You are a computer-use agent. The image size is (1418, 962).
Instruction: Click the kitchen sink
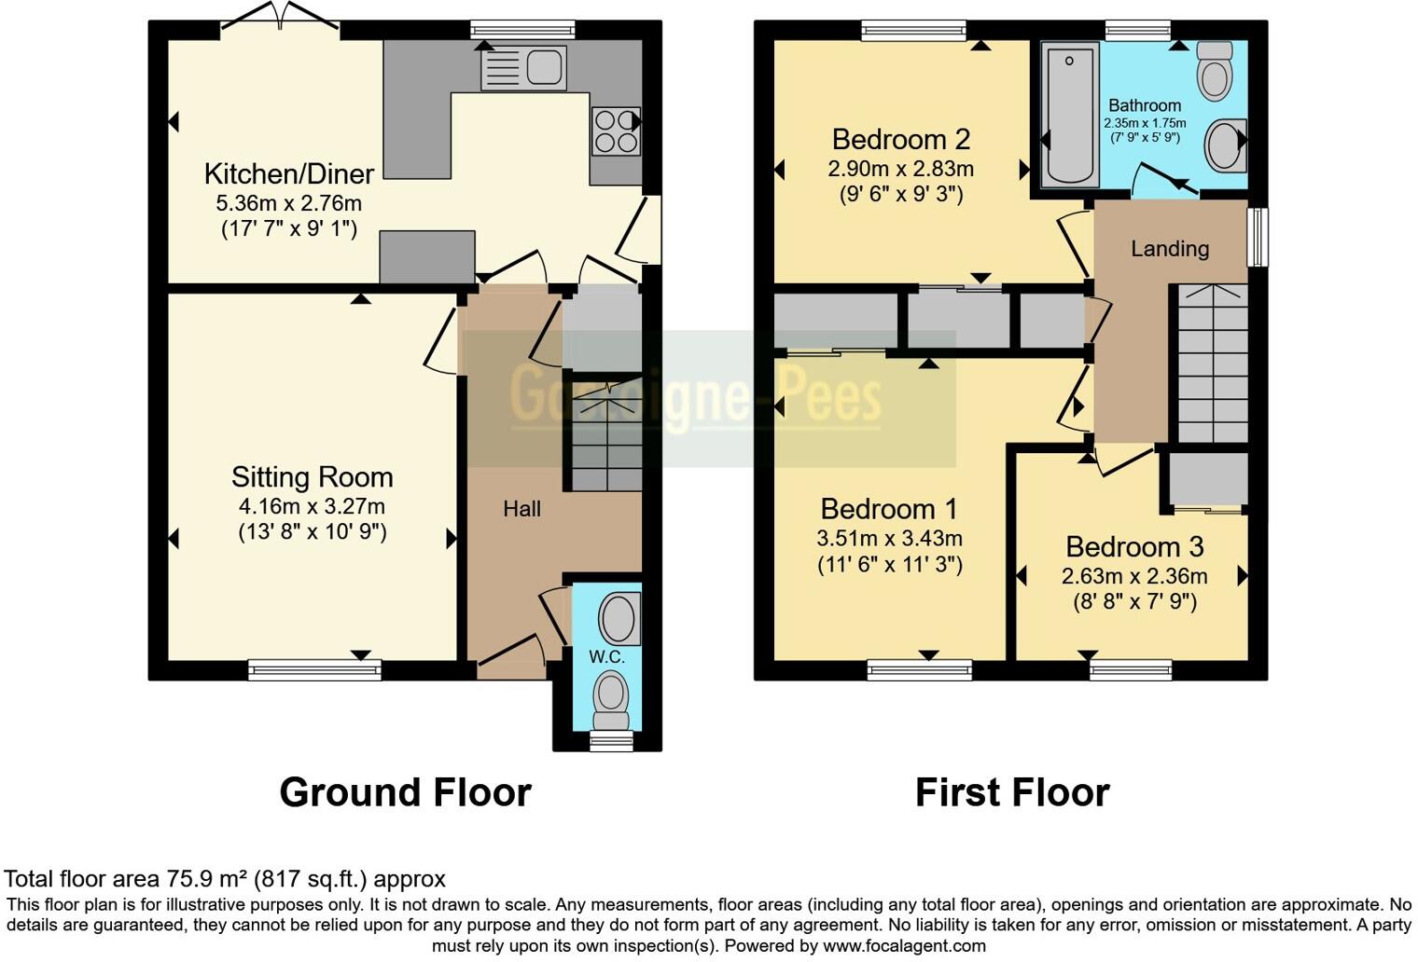click(x=523, y=68)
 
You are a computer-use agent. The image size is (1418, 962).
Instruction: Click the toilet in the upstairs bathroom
click(x=1214, y=72)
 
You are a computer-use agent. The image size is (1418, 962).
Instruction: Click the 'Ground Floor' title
click(x=405, y=793)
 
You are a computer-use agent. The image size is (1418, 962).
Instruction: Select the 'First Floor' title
click(x=1012, y=793)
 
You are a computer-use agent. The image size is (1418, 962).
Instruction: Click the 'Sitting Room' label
click(x=312, y=477)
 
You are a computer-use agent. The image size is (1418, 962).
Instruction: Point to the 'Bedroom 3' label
click(x=1134, y=546)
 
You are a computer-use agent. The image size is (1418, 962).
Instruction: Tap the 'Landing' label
click(x=1170, y=249)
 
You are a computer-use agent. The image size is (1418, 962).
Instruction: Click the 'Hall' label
click(x=521, y=509)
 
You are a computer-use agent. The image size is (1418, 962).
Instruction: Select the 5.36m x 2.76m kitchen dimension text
click(x=289, y=203)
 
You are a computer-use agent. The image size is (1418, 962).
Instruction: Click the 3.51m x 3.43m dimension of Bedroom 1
click(x=889, y=539)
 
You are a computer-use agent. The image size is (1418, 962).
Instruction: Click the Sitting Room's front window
click(x=314, y=669)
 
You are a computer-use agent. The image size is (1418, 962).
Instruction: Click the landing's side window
click(x=1258, y=237)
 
